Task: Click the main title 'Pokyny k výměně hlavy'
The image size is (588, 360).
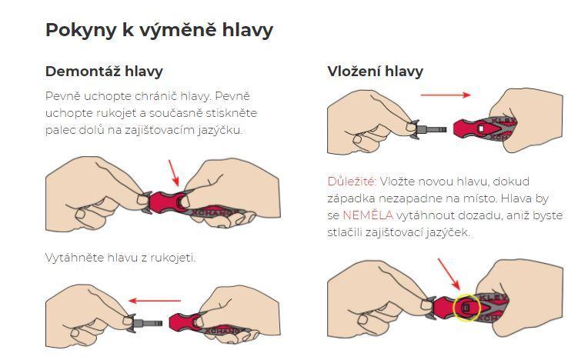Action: (x=159, y=30)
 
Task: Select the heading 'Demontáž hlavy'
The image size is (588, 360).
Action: (x=104, y=72)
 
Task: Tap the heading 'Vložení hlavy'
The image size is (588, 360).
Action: (x=375, y=72)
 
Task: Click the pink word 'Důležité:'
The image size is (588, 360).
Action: (x=352, y=182)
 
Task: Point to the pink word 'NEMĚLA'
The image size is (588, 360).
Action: (x=368, y=215)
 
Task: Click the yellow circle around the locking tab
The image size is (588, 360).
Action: (x=466, y=295)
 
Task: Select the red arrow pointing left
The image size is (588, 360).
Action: (x=155, y=301)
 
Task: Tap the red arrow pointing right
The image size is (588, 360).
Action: (x=446, y=95)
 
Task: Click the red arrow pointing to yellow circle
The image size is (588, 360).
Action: (x=449, y=274)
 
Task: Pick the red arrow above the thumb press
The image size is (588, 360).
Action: (x=174, y=173)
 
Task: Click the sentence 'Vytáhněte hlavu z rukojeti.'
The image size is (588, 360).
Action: (x=120, y=258)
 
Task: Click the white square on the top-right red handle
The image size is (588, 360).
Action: (x=481, y=128)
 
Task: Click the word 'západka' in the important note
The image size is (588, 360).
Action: (x=351, y=198)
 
